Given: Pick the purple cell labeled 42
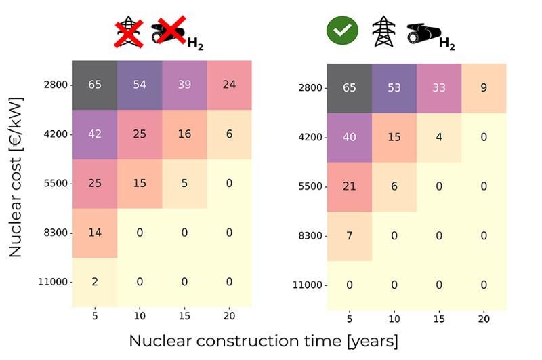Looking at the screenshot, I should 95,134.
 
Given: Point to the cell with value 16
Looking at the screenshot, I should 184,134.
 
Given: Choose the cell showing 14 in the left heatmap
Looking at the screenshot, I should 95,233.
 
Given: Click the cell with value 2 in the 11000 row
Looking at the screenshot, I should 95,282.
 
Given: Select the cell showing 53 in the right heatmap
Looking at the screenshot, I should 394,87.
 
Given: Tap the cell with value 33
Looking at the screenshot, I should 439,87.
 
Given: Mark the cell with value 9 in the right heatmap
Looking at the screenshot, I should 484,87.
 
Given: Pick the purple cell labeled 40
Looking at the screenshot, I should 350,137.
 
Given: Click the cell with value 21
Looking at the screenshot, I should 350,186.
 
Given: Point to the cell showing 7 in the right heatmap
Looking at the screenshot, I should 350,236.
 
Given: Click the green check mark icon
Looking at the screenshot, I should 343,31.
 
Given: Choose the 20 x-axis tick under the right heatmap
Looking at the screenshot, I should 484,319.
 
